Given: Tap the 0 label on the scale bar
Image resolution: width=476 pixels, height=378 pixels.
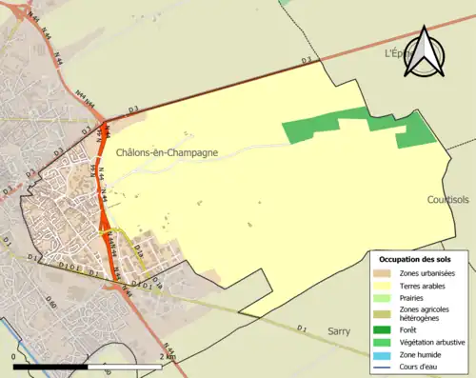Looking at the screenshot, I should (x=13, y=356).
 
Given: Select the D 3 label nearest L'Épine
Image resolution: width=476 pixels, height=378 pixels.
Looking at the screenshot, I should (x=307, y=62).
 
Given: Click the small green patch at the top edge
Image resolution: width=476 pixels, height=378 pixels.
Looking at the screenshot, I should (x=285, y=3).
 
